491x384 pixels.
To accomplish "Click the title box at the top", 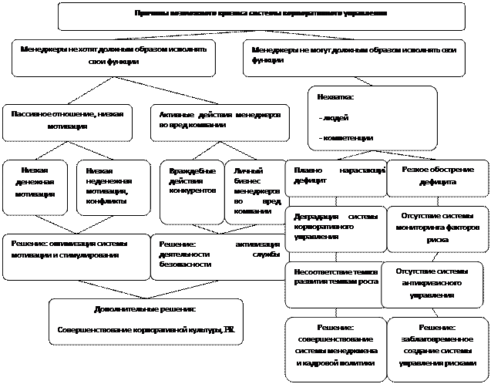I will [x=261, y=15].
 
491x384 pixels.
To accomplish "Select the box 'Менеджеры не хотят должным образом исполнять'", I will [x=113, y=57].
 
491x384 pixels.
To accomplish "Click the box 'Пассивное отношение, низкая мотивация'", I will [x=66, y=121].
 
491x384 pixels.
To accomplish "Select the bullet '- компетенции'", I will [x=346, y=137].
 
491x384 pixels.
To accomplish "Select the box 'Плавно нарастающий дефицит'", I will [x=335, y=177].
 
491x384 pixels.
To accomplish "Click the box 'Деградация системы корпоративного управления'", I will [x=335, y=227].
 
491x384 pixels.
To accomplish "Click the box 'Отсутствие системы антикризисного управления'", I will [x=436, y=283].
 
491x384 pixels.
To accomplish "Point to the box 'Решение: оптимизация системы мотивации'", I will [x=76, y=255].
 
